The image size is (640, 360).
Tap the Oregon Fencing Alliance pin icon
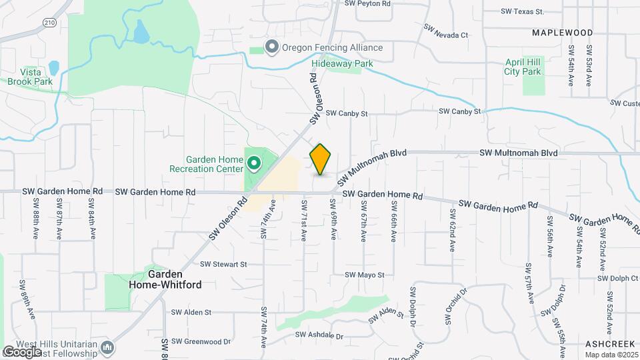tap(271, 47)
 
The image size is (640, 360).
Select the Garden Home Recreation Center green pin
tap(254, 163)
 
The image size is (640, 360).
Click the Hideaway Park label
tap(342, 63)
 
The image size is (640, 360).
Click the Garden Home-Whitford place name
tap(165, 279)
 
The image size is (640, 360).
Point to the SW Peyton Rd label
tap(367, 3)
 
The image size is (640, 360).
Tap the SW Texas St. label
tap(523, 11)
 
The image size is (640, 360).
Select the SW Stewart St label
tap(226, 264)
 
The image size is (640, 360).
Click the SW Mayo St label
tap(365, 275)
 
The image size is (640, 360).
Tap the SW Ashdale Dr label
tap(319, 335)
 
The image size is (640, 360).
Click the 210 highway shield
tap(48, 23)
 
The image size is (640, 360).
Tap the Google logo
tap(22, 351)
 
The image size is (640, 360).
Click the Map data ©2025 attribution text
tap(611, 354)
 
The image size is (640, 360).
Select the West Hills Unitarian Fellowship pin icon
tap(109, 347)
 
